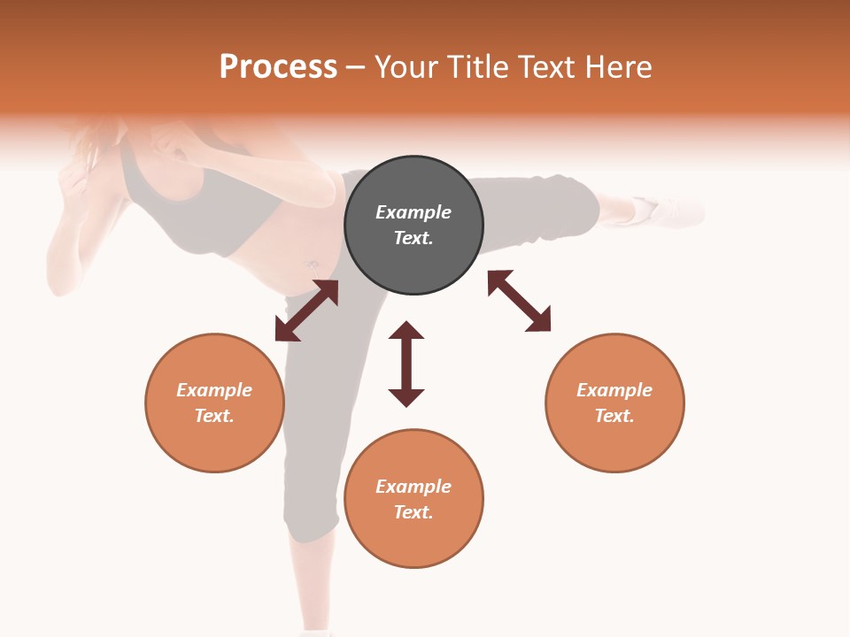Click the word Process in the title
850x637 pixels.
tap(278, 67)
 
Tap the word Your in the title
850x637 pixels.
tap(406, 67)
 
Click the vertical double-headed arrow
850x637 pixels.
tap(406, 364)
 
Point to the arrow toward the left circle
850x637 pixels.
tap(306, 311)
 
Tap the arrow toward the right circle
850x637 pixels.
tap(519, 301)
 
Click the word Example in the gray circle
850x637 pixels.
tap(413, 212)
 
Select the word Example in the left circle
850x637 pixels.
tap(214, 390)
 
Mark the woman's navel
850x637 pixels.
tap(312, 264)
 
